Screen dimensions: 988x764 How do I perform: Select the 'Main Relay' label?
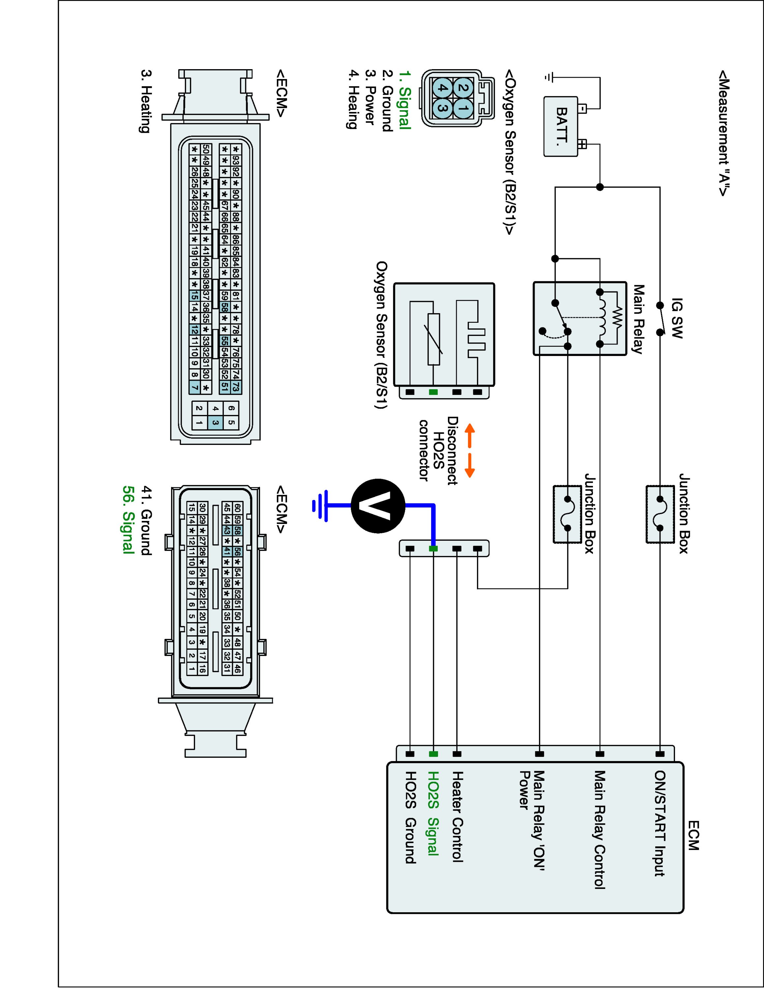(x=638, y=319)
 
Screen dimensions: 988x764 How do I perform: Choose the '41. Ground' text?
(x=146, y=520)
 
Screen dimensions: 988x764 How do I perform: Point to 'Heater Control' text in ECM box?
(x=457, y=816)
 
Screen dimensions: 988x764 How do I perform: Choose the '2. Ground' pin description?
(x=387, y=100)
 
